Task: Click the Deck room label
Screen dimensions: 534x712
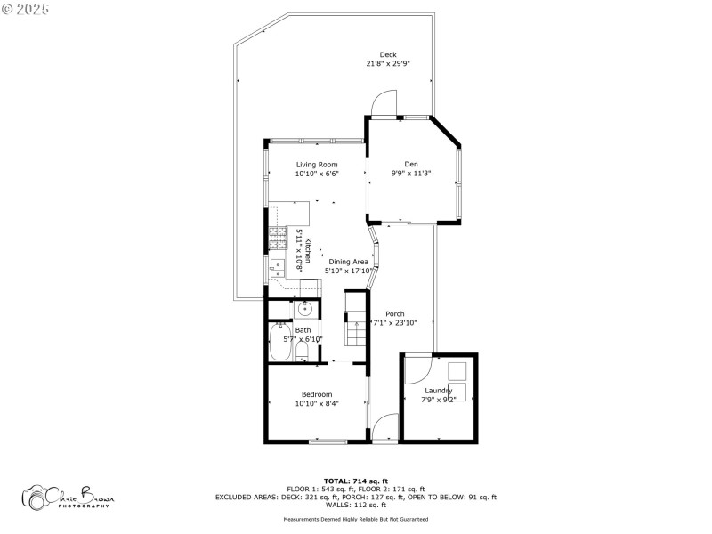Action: (x=388, y=54)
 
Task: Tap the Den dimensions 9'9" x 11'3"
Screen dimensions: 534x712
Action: (x=410, y=174)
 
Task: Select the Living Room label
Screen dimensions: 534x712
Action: (x=317, y=165)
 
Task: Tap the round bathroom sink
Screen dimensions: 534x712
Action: (x=303, y=309)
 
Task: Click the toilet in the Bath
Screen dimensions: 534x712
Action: (x=302, y=352)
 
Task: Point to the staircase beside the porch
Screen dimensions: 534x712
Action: (x=356, y=324)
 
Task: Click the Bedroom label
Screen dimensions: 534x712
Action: (x=317, y=394)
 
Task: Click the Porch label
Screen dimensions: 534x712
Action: (x=395, y=314)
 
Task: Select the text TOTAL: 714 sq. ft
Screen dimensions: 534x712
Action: (x=356, y=481)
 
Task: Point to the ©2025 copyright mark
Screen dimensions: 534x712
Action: (x=26, y=9)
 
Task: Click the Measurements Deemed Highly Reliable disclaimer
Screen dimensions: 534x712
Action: (x=356, y=518)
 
